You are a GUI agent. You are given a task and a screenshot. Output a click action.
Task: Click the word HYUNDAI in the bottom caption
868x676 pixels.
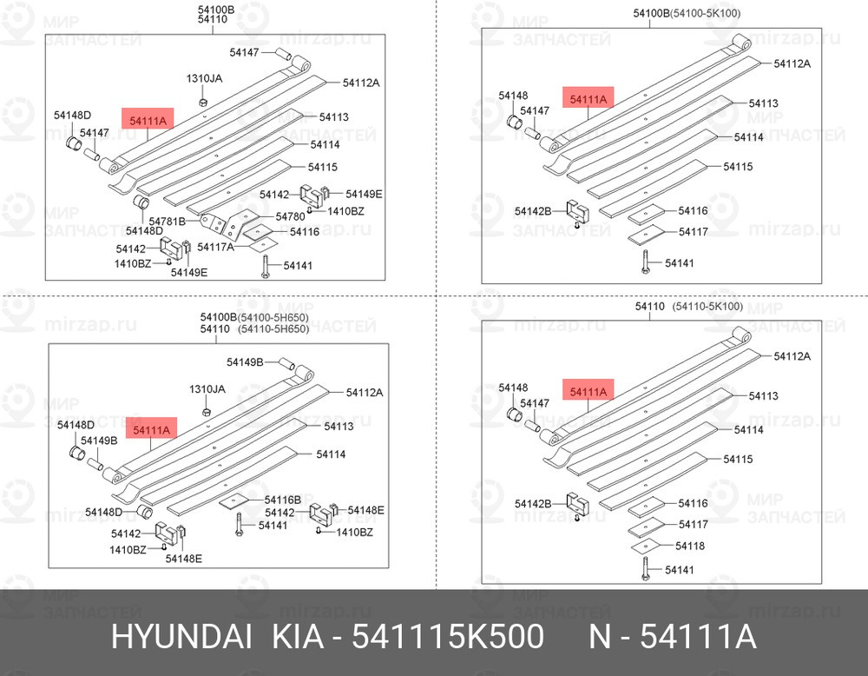(181, 636)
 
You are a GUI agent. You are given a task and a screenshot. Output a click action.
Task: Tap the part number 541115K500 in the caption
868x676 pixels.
(448, 636)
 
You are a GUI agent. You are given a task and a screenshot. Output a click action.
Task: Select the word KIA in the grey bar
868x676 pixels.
(298, 636)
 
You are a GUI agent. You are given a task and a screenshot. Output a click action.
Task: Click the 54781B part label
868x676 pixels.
(168, 221)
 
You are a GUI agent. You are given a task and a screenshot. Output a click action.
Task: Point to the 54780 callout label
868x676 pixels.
(290, 216)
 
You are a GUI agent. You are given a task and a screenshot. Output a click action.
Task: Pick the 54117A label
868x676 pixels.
(215, 247)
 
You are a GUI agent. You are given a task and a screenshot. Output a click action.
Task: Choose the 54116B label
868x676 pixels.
(282, 500)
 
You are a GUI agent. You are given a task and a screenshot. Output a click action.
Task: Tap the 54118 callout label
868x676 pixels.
(690, 546)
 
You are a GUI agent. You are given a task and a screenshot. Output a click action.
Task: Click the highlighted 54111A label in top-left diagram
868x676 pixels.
(148, 120)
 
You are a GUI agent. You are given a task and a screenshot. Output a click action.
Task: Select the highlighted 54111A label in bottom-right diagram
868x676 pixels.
(589, 392)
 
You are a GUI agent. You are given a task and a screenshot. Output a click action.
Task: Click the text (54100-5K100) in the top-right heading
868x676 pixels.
(705, 13)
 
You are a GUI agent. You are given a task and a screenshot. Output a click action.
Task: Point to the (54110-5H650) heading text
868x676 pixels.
(273, 328)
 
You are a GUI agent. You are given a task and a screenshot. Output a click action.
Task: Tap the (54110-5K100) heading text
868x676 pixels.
(707, 306)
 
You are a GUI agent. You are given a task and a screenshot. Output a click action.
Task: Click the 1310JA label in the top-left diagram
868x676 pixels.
(204, 78)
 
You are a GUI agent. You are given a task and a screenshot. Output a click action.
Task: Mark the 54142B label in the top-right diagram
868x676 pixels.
(533, 211)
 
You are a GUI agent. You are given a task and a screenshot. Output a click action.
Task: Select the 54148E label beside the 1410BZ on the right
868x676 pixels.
(366, 510)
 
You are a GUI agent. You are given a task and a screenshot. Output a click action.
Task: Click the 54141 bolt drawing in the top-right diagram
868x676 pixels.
(646, 262)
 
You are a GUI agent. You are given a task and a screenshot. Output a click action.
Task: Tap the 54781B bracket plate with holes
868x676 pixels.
(214, 223)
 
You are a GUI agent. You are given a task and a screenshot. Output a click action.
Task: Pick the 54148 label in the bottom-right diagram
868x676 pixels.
(513, 388)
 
